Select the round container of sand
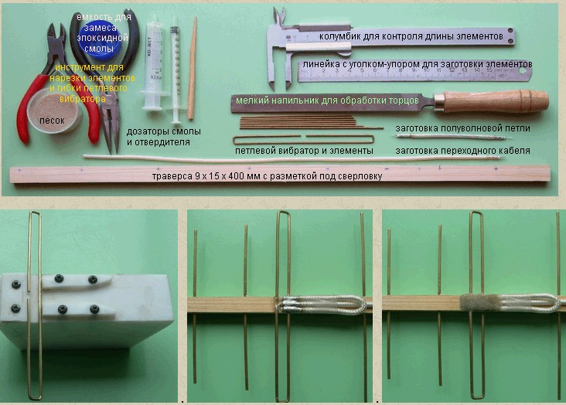(x=54, y=111)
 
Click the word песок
(x=52, y=121)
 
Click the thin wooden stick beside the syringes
(x=193, y=68)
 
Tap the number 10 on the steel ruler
(x=426, y=71)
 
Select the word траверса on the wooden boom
(x=172, y=176)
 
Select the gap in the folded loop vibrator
(x=303, y=137)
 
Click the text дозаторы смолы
(x=163, y=131)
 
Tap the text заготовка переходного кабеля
(x=462, y=151)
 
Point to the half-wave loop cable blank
(x=454, y=137)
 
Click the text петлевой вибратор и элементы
(x=304, y=151)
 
